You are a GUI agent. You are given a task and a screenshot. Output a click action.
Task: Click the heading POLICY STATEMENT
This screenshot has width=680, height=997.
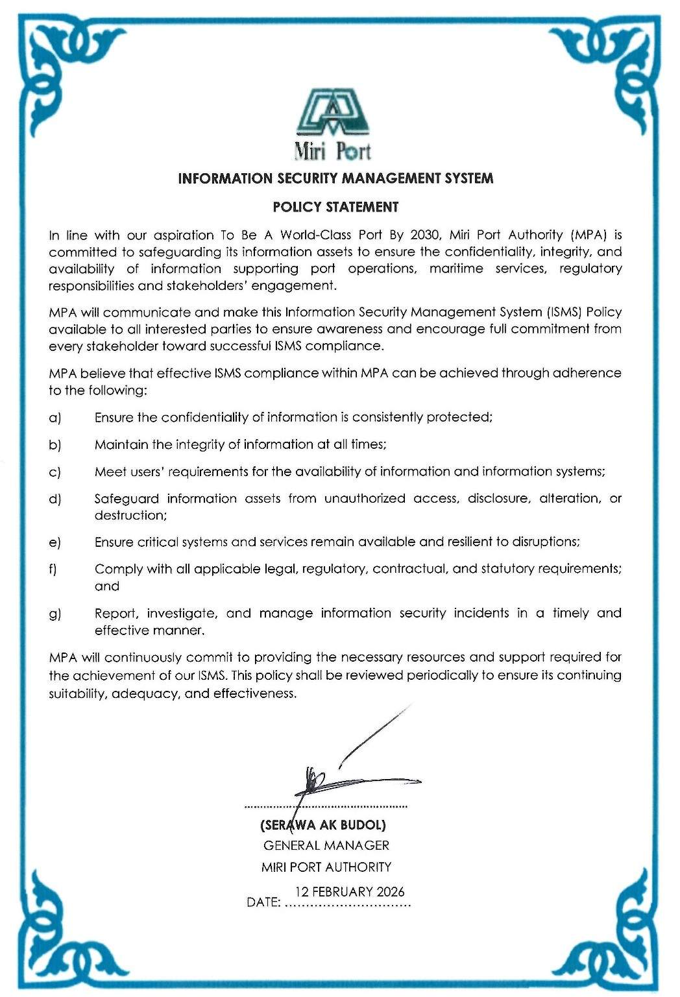pos(335,207)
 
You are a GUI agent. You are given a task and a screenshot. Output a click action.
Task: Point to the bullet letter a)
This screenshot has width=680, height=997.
pos(55,418)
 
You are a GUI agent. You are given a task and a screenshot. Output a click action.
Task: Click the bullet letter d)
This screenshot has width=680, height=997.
pos(55,499)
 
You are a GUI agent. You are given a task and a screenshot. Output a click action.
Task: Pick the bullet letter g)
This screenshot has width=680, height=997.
pos(55,614)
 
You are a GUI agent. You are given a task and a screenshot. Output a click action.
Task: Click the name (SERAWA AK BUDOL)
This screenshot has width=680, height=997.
pos(323,825)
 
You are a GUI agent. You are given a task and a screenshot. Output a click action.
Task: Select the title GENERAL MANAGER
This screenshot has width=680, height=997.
pos(326,846)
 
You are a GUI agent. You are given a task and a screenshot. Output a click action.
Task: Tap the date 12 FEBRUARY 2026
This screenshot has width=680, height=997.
pos(350,892)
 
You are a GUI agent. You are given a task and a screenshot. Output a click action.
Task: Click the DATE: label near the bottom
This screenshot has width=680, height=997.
pos(263,902)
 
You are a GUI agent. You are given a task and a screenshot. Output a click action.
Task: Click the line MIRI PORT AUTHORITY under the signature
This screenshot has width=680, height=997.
pos(326,867)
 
